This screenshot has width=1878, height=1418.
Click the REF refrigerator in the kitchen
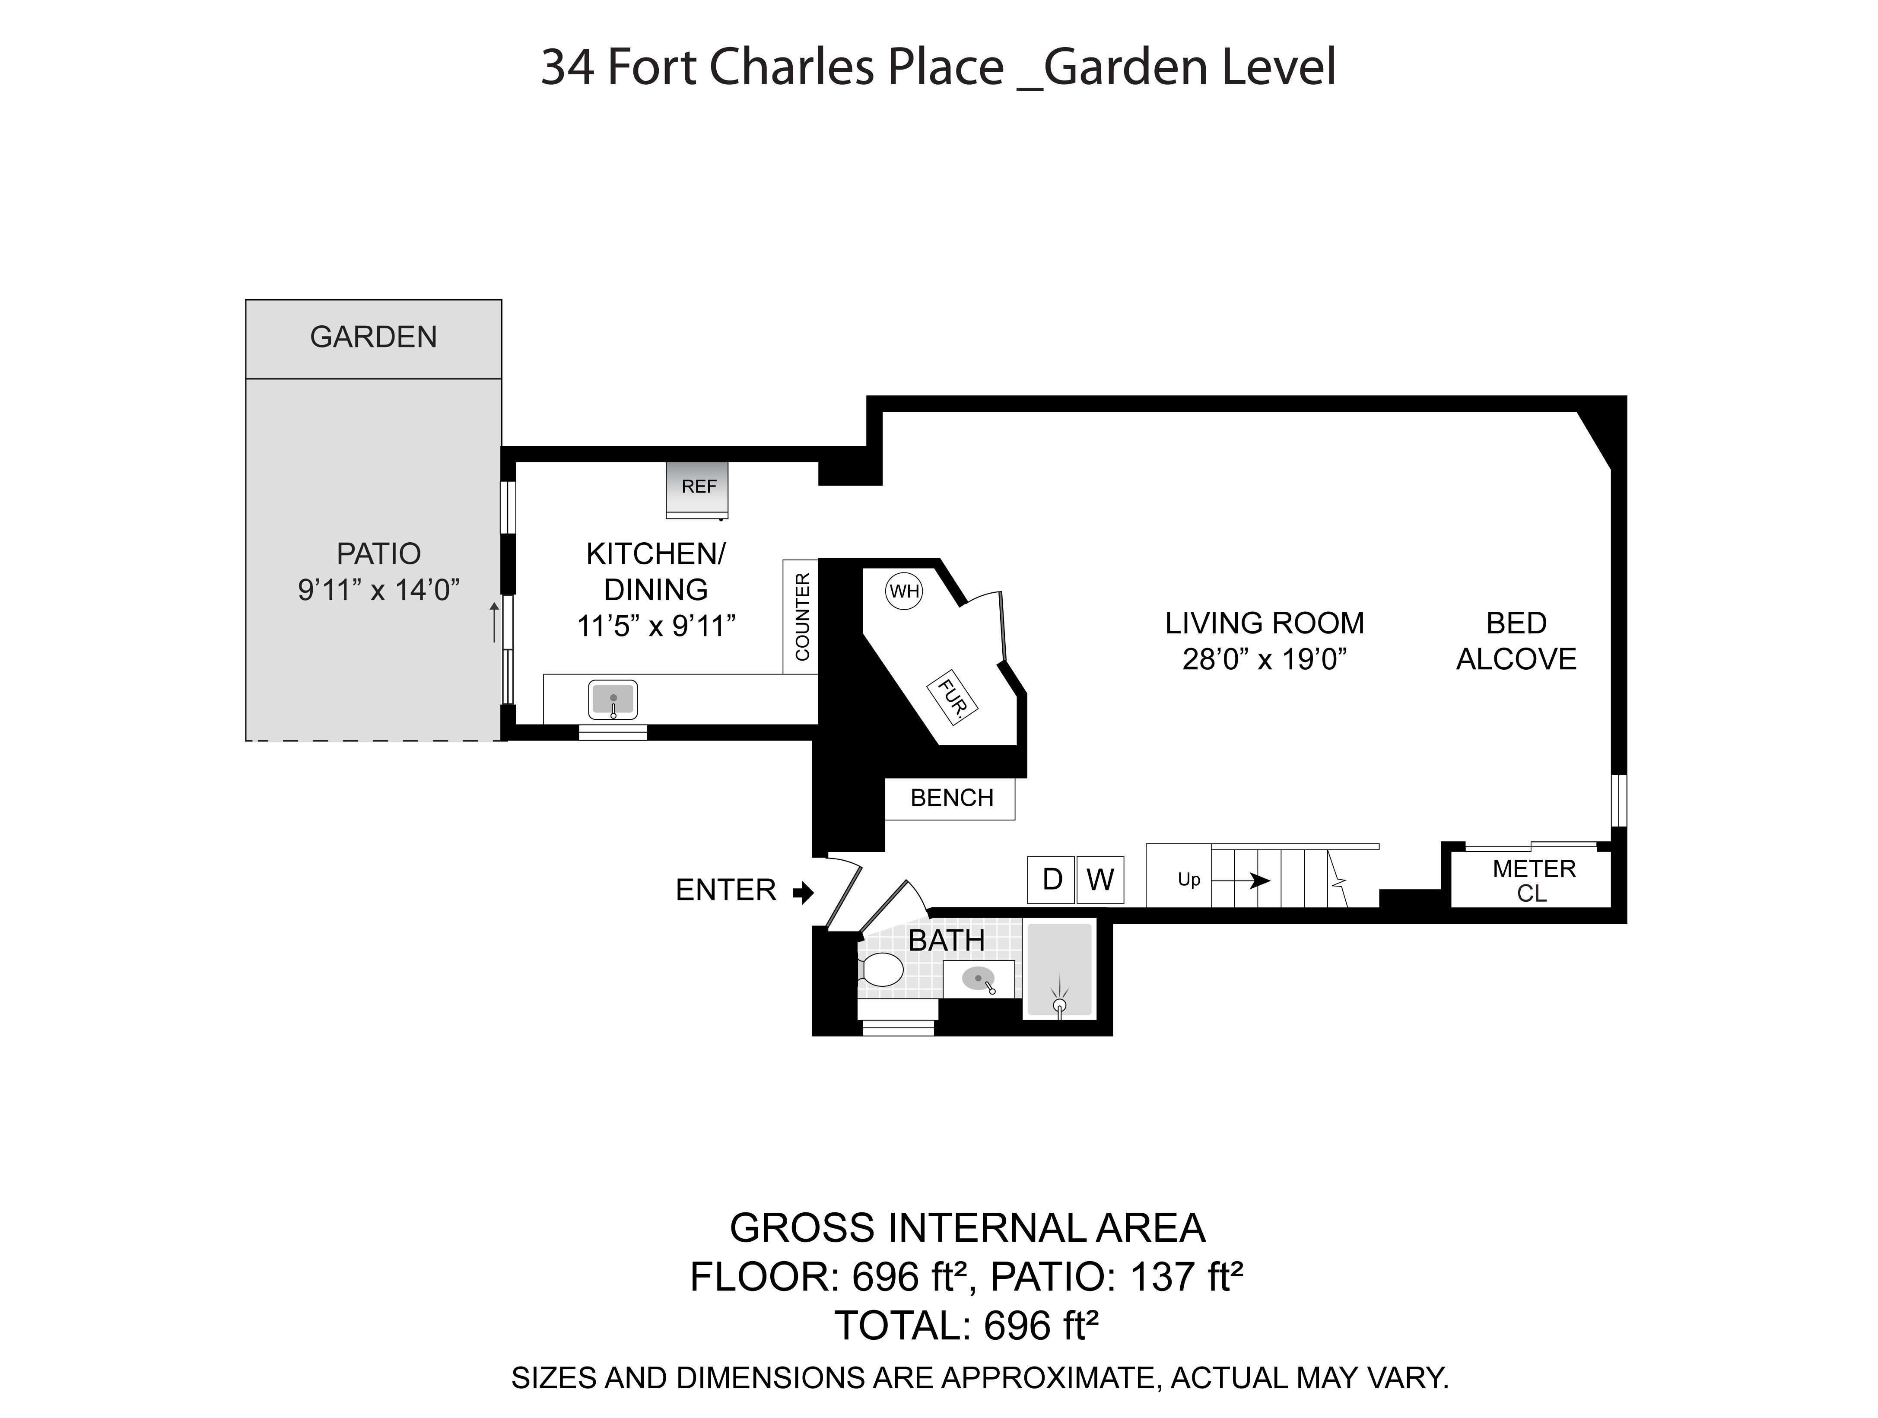(x=697, y=489)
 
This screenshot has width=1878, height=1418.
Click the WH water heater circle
(x=904, y=591)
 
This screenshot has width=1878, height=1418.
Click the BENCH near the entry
(x=951, y=798)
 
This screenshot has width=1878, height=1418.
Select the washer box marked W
(x=1100, y=880)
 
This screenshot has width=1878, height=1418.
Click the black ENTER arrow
(x=803, y=892)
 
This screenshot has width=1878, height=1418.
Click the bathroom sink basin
(x=979, y=979)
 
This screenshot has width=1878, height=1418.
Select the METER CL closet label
(x=1533, y=881)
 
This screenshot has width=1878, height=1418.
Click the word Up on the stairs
(x=1188, y=880)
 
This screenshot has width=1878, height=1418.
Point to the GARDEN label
(x=374, y=337)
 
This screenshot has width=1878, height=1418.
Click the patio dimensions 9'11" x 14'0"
(x=378, y=589)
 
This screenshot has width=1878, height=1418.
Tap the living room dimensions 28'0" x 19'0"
(x=1265, y=659)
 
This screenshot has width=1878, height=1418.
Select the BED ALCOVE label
(x=1516, y=641)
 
